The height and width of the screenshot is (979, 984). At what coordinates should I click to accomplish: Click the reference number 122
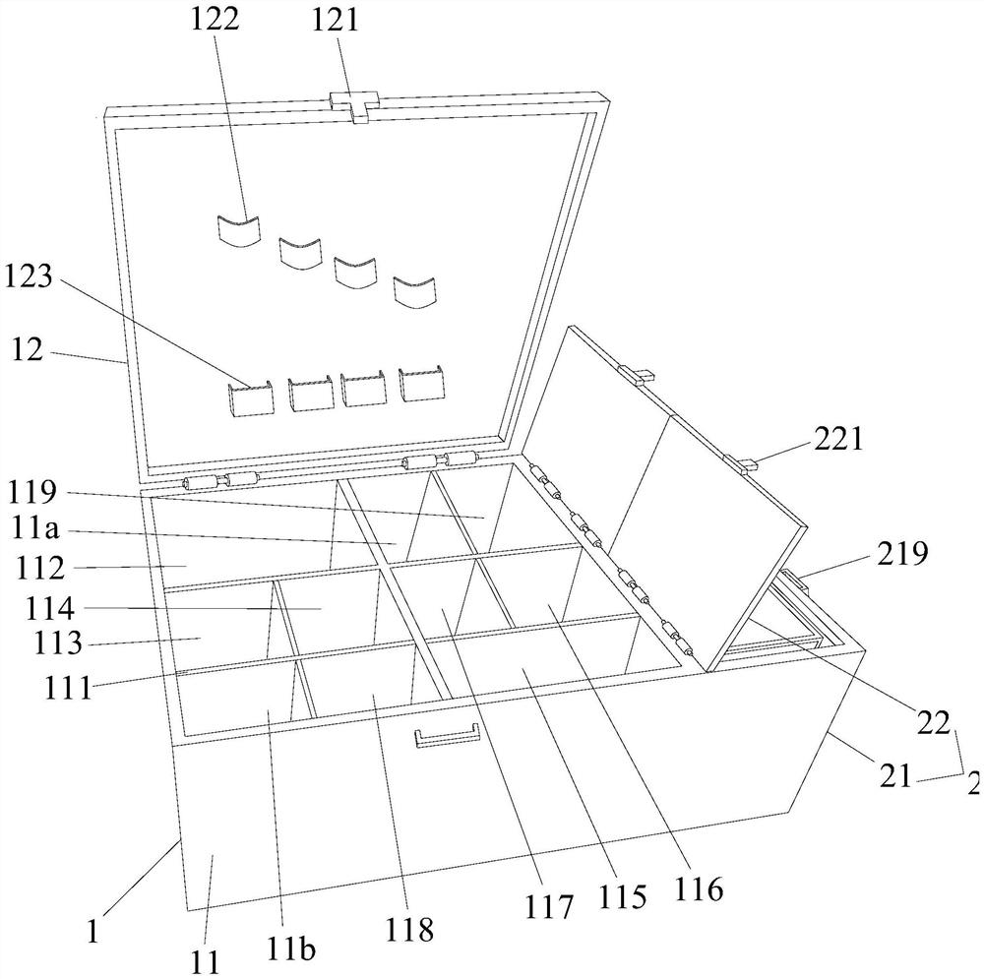217,21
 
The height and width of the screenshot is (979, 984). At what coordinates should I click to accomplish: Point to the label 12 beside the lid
28,348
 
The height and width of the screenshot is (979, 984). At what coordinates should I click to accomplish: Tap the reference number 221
837,439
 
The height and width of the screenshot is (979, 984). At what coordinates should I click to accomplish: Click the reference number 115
625,896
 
